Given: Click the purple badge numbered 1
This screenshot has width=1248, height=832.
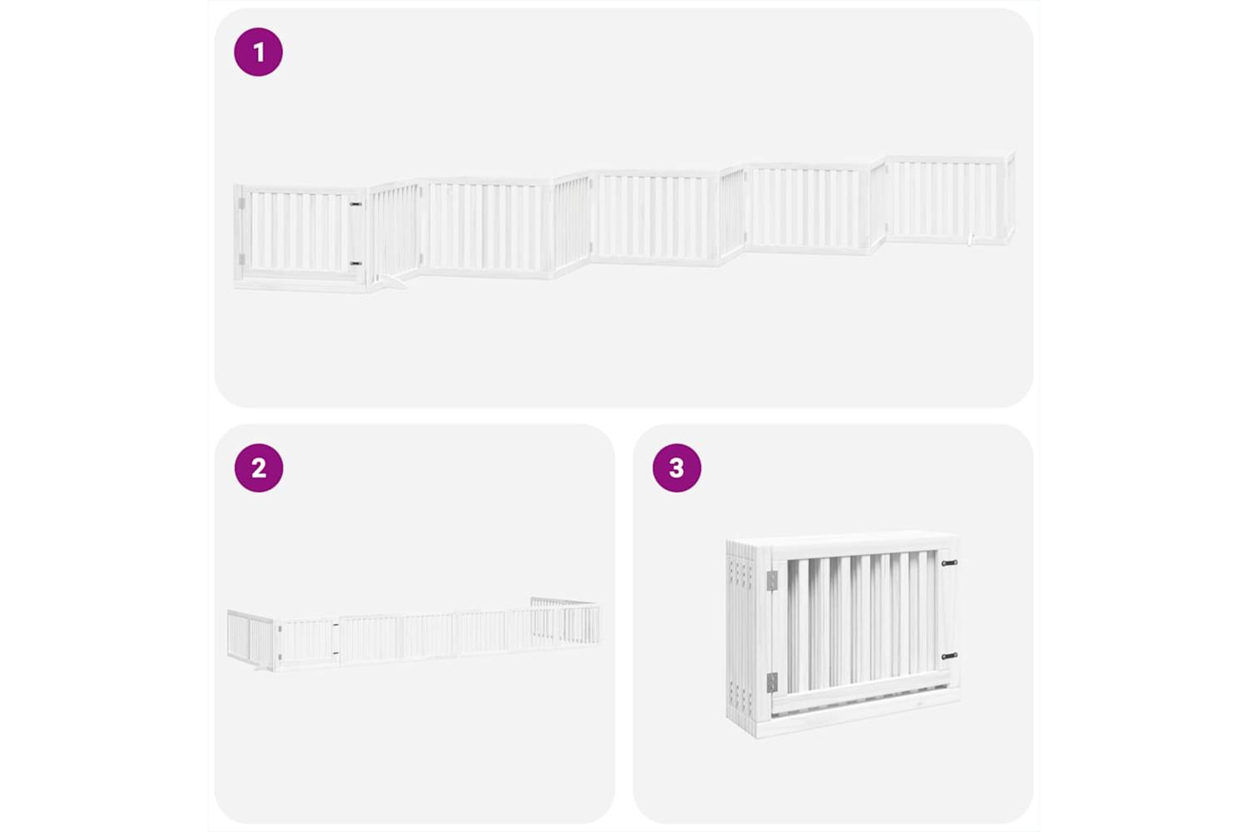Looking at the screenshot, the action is pyautogui.click(x=259, y=52).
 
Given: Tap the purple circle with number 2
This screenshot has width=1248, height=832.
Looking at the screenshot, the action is pyautogui.click(x=259, y=468).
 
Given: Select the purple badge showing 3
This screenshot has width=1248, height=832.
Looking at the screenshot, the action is pyautogui.click(x=677, y=468).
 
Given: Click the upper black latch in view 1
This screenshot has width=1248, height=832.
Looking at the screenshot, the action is pyautogui.click(x=355, y=205).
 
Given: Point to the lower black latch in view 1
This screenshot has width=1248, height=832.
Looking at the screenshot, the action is pyautogui.click(x=355, y=263).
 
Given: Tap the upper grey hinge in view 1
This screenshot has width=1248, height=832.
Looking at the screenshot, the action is pyautogui.click(x=241, y=203).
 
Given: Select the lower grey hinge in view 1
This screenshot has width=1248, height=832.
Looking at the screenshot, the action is pyautogui.click(x=241, y=259).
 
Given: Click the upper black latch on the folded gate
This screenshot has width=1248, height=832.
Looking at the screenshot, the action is pyautogui.click(x=949, y=562).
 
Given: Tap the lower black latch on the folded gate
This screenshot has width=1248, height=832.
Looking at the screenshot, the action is pyautogui.click(x=949, y=656).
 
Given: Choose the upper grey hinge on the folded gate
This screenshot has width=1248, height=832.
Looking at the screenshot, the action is pyautogui.click(x=771, y=582).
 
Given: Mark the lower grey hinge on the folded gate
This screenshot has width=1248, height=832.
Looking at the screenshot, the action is pyautogui.click(x=771, y=682).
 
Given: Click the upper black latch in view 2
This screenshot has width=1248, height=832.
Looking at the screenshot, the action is pyautogui.click(x=335, y=625).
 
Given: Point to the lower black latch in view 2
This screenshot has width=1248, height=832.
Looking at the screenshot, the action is pyautogui.click(x=335, y=652).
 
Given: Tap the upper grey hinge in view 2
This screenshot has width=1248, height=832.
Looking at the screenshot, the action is pyautogui.click(x=279, y=629).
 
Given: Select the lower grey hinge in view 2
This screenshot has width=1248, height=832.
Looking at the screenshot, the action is pyautogui.click(x=279, y=656).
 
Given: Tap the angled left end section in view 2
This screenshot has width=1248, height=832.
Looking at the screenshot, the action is pyautogui.click(x=250, y=639).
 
